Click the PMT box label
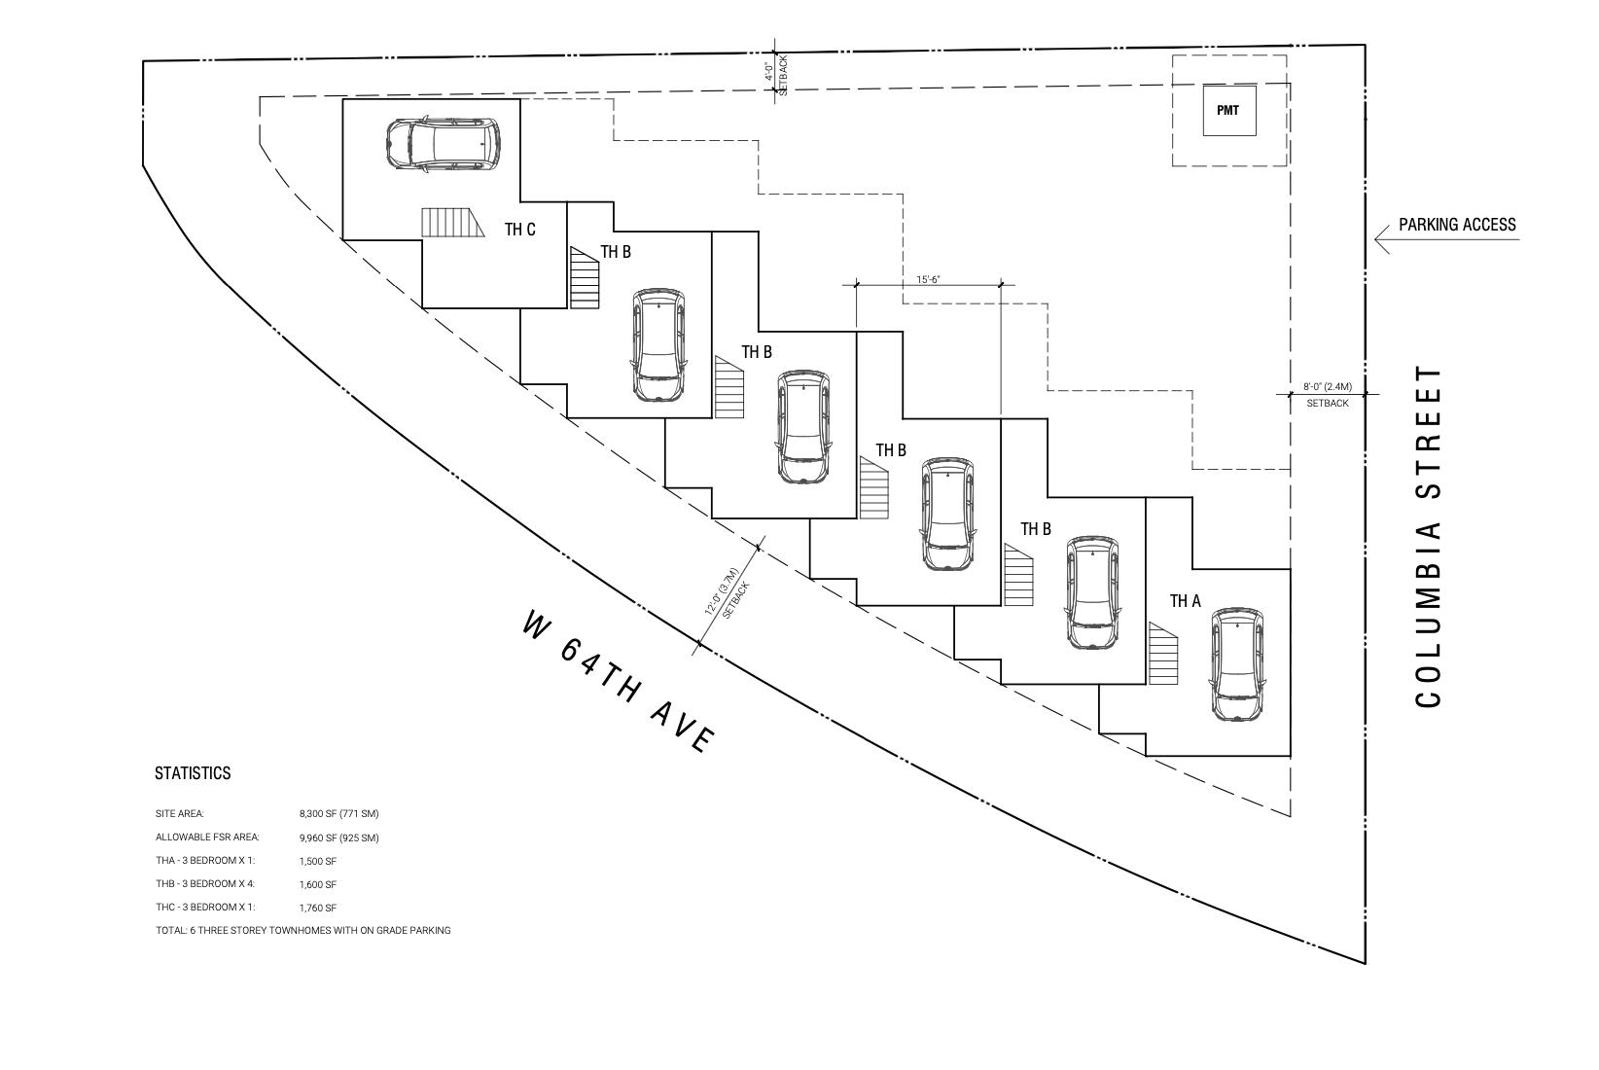(x=1227, y=111)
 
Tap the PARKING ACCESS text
(x=1457, y=224)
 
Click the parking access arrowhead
(x=1382, y=239)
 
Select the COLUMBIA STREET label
(x=1429, y=537)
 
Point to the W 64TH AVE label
(x=619, y=681)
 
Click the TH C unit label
(x=519, y=230)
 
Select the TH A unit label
(x=1185, y=601)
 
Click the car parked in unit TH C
(x=444, y=145)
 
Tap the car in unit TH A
(x=1238, y=664)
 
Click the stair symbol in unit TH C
(x=453, y=223)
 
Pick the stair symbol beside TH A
(x=1163, y=654)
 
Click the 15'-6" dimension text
(x=928, y=280)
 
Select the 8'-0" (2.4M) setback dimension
(x=1328, y=387)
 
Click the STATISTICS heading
(x=193, y=773)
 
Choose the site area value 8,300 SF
(x=339, y=814)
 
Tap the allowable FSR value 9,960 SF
(x=339, y=838)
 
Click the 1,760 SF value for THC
(x=318, y=908)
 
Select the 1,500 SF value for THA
(x=318, y=862)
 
